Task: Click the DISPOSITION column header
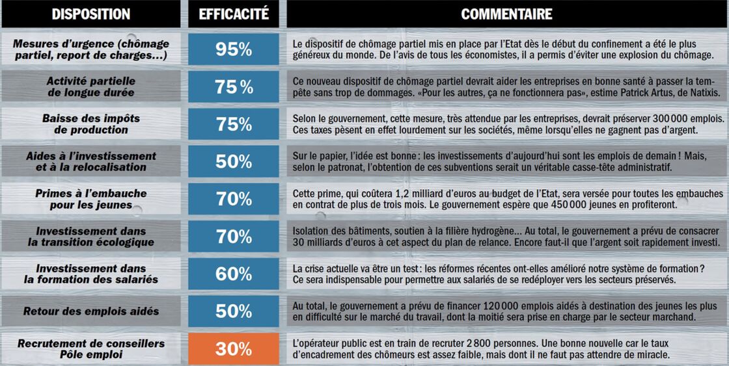pyautogui.click(x=91, y=14)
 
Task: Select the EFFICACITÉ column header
pyautogui.click(x=234, y=14)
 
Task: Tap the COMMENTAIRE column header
pyautogui.click(x=507, y=14)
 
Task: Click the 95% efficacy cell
pyautogui.click(x=234, y=49)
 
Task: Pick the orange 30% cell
pyautogui.click(x=234, y=349)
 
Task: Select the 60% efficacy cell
pyautogui.click(x=234, y=274)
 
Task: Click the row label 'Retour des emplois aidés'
pyautogui.click(x=91, y=311)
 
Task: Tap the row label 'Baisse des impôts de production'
pyautogui.click(x=91, y=124)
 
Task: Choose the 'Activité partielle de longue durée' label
pyautogui.click(x=91, y=87)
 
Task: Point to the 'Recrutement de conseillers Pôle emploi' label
pyautogui.click(x=91, y=349)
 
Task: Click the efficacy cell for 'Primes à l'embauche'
pyautogui.click(x=234, y=199)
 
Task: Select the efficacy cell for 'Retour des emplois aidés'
pyautogui.click(x=234, y=311)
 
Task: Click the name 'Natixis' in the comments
pyautogui.click(x=704, y=92)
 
